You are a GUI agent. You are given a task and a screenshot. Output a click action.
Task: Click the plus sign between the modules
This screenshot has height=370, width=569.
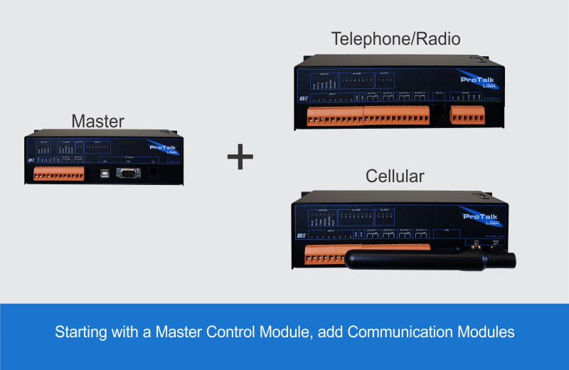click(x=240, y=157)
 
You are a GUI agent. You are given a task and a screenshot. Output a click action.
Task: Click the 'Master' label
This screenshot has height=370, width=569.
click(x=97, y=122)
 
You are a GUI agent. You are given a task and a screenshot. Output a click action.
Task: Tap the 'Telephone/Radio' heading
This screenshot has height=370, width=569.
click(x=395, y=39)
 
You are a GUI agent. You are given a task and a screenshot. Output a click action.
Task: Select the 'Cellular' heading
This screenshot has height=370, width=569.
click(x=395, y=176)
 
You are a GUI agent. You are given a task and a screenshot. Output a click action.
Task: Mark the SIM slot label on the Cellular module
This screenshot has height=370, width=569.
click(x=447, y=231)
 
